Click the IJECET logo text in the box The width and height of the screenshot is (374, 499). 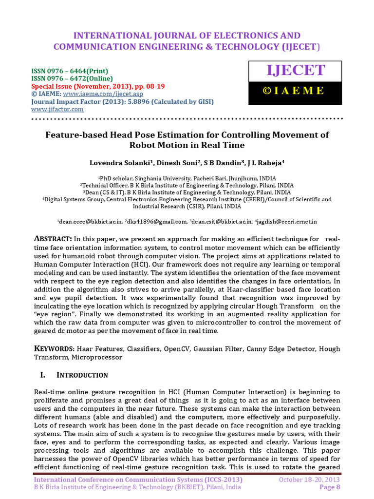296,70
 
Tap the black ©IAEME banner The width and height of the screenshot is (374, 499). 296,90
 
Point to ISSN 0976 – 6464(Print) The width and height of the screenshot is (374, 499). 70,71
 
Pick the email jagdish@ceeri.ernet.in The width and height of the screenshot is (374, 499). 287,222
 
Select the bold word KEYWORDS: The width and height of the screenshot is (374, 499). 54,349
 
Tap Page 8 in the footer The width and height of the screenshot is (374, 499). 330,487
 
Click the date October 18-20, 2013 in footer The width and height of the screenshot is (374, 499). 309,480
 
